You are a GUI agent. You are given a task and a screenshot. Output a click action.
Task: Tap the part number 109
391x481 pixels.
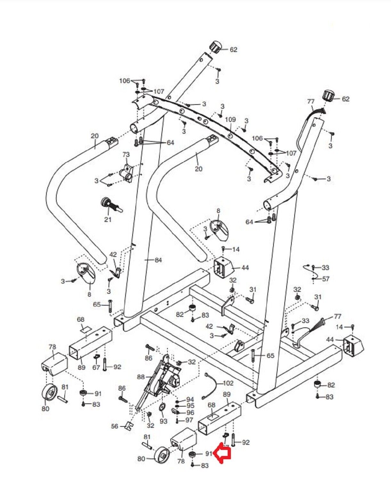(230, 120)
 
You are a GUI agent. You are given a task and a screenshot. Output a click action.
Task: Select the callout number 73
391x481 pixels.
(126, 155)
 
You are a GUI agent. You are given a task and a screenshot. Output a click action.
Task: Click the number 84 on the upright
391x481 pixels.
(158, 260)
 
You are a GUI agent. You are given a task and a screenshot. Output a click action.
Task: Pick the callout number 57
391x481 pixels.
(325, 279)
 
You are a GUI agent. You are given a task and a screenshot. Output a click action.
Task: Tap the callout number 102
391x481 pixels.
(228, 383)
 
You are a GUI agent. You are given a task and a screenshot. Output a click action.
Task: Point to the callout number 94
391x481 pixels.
(190, 400)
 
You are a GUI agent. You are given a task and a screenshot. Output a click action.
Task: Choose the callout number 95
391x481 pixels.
(190, 406)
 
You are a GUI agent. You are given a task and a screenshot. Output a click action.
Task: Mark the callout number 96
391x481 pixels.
(190, 413)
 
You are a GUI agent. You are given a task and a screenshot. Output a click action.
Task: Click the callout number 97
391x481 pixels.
(189, 420)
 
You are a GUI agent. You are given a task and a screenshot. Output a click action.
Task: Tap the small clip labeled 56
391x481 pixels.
(129, 426)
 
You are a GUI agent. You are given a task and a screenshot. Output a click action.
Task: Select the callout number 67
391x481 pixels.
(96, 367)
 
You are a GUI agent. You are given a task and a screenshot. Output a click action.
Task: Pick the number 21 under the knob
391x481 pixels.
(108, 220)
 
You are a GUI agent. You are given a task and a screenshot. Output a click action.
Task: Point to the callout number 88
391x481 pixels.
(141, 377)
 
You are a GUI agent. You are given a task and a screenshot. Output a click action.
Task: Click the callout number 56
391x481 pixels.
(115, 426)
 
